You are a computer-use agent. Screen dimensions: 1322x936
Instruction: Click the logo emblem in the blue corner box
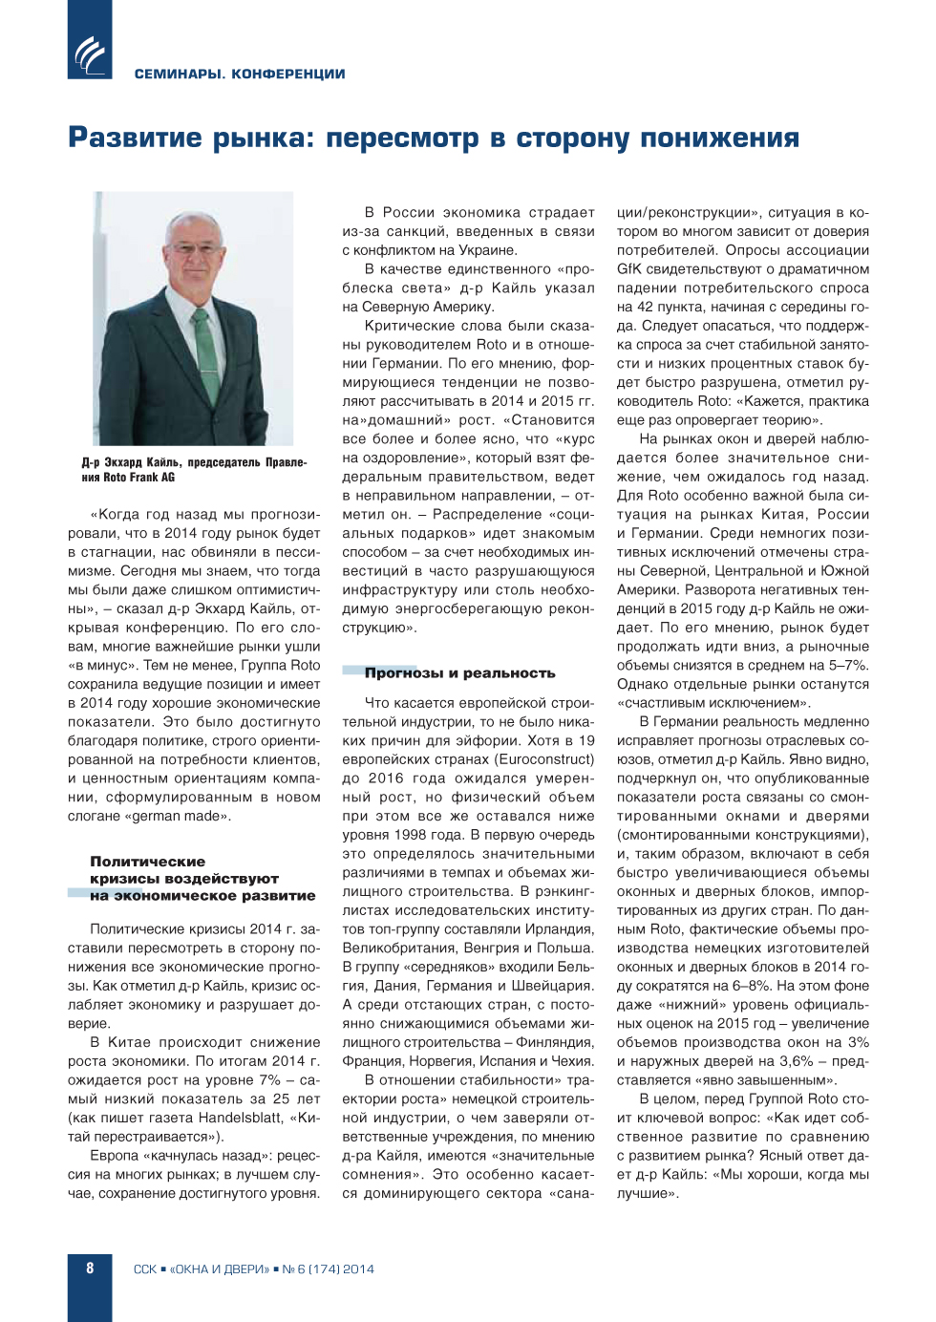tap(91, 54)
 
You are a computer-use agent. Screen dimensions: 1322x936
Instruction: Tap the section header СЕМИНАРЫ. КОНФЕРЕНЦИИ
tap(240, 74)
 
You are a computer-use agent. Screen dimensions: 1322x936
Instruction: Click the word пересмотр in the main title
tap(402, 139)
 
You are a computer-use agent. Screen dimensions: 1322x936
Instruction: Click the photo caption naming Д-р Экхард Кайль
tap(194, 469)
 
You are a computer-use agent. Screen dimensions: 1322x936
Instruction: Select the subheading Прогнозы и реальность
tap(459, 672)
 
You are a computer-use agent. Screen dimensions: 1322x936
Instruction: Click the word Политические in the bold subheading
tap(147, 861)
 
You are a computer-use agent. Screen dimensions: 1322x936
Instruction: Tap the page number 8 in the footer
tap(90, 1269)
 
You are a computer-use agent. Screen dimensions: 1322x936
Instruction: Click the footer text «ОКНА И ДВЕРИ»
tap(220, 1269)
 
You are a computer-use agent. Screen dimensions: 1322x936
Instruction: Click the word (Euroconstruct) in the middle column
tap(544, 759)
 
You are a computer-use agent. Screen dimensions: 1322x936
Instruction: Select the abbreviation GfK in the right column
tap(629, 268)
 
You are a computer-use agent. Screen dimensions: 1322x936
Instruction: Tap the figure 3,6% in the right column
tap(793, 1061)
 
